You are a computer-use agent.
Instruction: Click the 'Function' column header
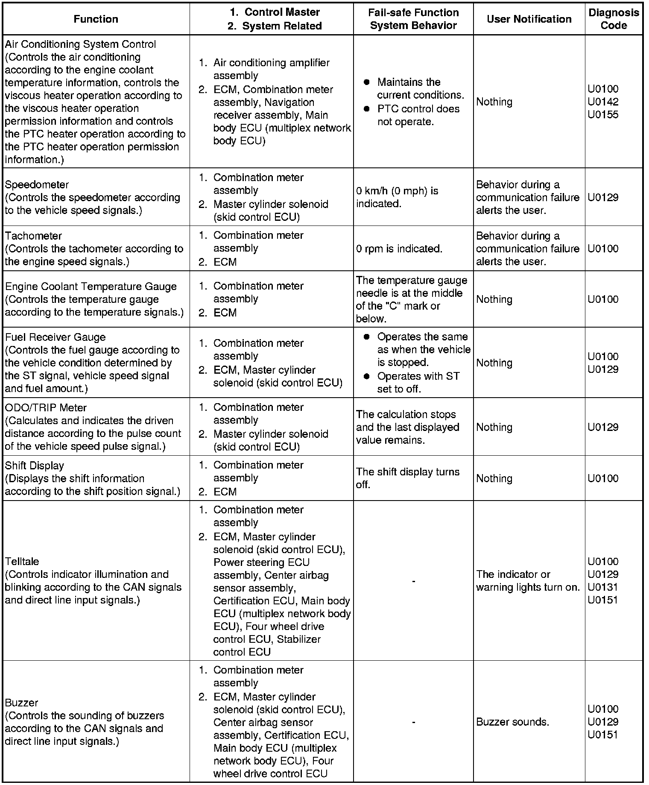tap(96, 19)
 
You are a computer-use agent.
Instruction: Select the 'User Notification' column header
tap(529, 19)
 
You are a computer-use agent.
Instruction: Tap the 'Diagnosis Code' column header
tap(614, 19)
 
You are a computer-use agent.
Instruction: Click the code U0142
tap(602, 102)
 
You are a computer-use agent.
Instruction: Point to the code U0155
tap(602, 114)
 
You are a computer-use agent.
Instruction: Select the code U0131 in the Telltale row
tap(602, 587)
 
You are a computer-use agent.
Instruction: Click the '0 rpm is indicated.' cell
tap(399, 249)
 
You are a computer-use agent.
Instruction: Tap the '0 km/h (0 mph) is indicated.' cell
tap(397, 197)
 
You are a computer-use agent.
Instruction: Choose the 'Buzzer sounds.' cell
tap(512, 722)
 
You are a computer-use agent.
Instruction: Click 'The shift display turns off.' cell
tap(407, 478)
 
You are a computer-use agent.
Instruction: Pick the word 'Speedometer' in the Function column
tap(37, 185)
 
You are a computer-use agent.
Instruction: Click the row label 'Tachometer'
tap(33, 236)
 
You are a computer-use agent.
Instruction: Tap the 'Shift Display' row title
tap(34, 466)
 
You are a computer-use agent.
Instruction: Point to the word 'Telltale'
tap(22, 562)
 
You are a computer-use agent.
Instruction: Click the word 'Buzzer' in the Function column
tap(21, 703)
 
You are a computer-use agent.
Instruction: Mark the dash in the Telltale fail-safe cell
tap(413, 581)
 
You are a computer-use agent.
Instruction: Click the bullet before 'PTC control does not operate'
tap(366, 109)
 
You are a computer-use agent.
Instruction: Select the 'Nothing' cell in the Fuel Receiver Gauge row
tap(494, 363)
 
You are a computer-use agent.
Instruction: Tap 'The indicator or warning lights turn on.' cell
tap(528, 581)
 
